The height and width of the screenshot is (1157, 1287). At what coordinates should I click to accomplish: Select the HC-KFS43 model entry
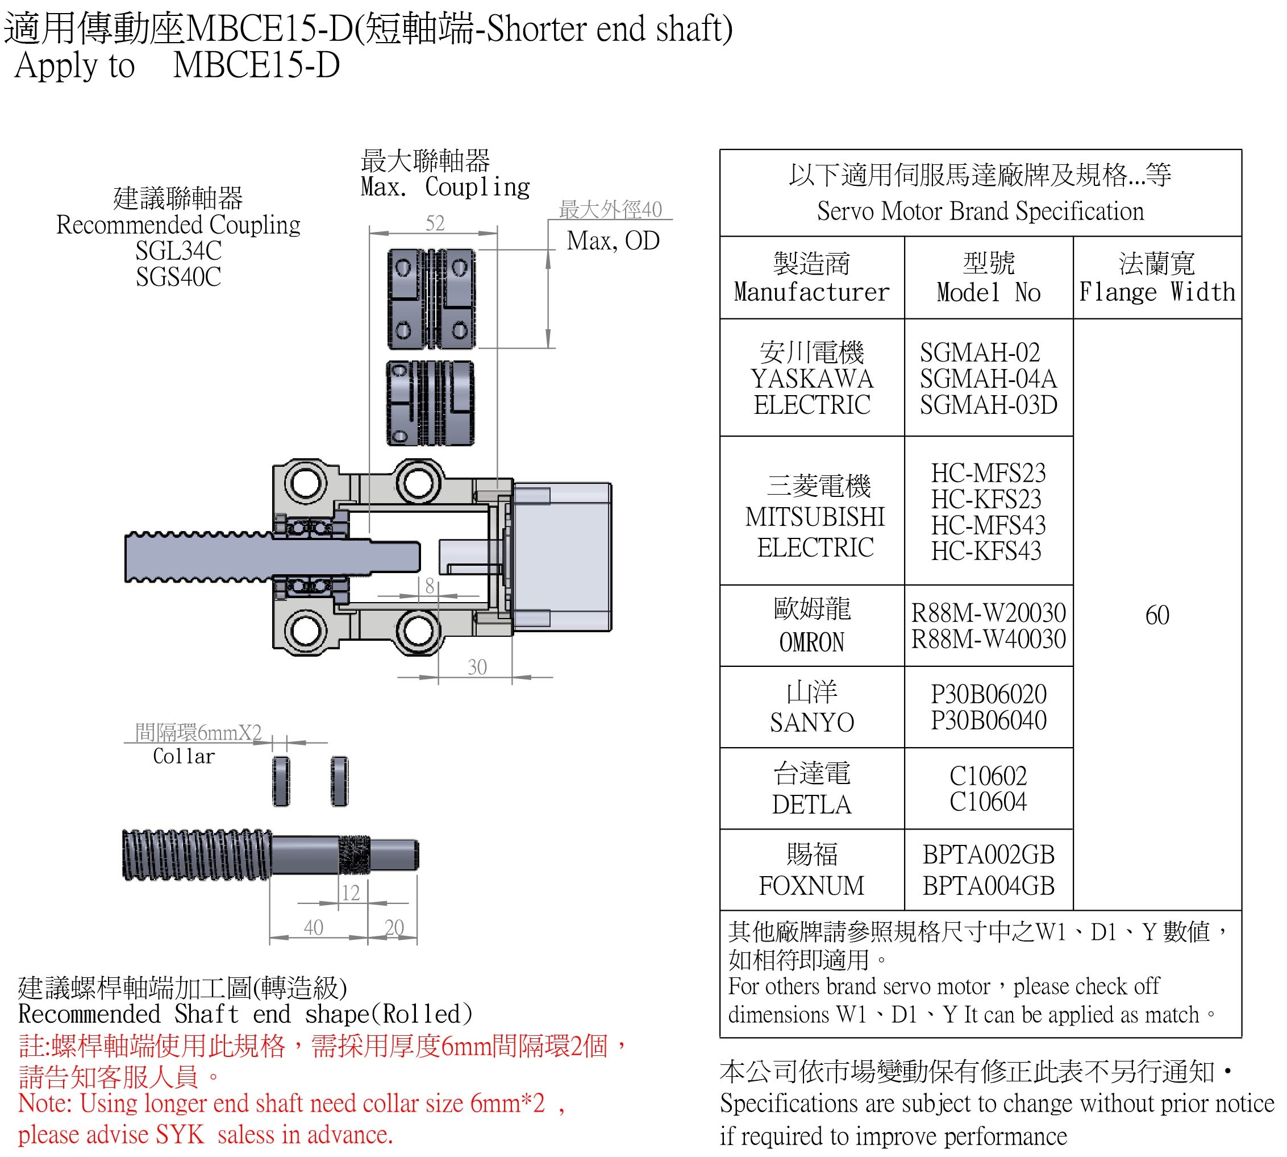click(x=986, y=551)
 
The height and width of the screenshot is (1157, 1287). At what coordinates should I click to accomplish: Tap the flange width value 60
click(x=1157, y=615)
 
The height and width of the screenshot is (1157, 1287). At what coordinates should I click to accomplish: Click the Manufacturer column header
click(x=811, y=292)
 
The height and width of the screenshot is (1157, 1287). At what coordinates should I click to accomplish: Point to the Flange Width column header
click(x=1157, y=292)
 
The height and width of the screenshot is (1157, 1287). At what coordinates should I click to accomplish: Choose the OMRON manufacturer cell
click(x=811, y=642)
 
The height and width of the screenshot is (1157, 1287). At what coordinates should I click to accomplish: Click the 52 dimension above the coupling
click(x=435, y=223)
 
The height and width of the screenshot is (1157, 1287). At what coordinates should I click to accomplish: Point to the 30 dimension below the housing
click(x=477, y=667)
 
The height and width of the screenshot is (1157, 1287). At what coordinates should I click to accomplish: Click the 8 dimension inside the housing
click(x=430, y=586)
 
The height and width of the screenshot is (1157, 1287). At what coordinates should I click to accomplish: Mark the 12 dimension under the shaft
click(x=351, y=893)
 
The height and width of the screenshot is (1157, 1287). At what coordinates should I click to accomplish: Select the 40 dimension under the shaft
click(x=313, y=927)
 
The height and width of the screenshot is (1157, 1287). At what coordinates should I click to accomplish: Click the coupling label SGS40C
click(x=178, y=277)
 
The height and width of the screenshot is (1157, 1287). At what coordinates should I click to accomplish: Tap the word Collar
click(x=184, y=757)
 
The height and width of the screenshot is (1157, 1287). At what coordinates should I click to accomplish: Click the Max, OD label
click(x=613, y=241)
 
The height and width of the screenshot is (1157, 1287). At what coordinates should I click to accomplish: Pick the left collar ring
click(x=281, y=781)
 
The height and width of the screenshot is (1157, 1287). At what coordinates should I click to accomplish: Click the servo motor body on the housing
click(x=561, y=557)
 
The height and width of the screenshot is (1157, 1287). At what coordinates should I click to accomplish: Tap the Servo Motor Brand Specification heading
click(x=980, y=211)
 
